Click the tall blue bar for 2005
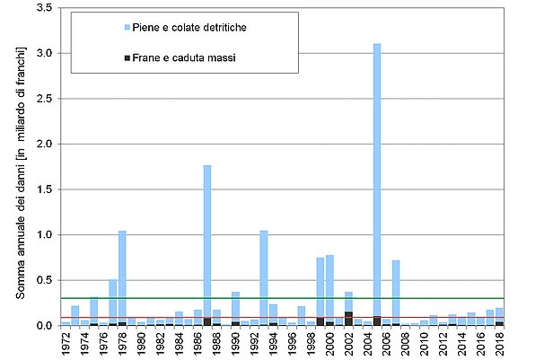[x=377, y=180]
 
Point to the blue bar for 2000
[x=329, y=287]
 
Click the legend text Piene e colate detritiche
[x=189, y=28]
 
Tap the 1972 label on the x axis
[x=66, y=344]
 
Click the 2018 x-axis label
[x=500, y=344]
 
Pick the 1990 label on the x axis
[x=235, y=344]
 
